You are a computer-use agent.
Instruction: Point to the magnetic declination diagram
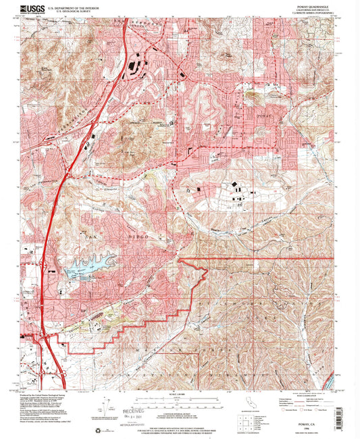click(x=105, y=408)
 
